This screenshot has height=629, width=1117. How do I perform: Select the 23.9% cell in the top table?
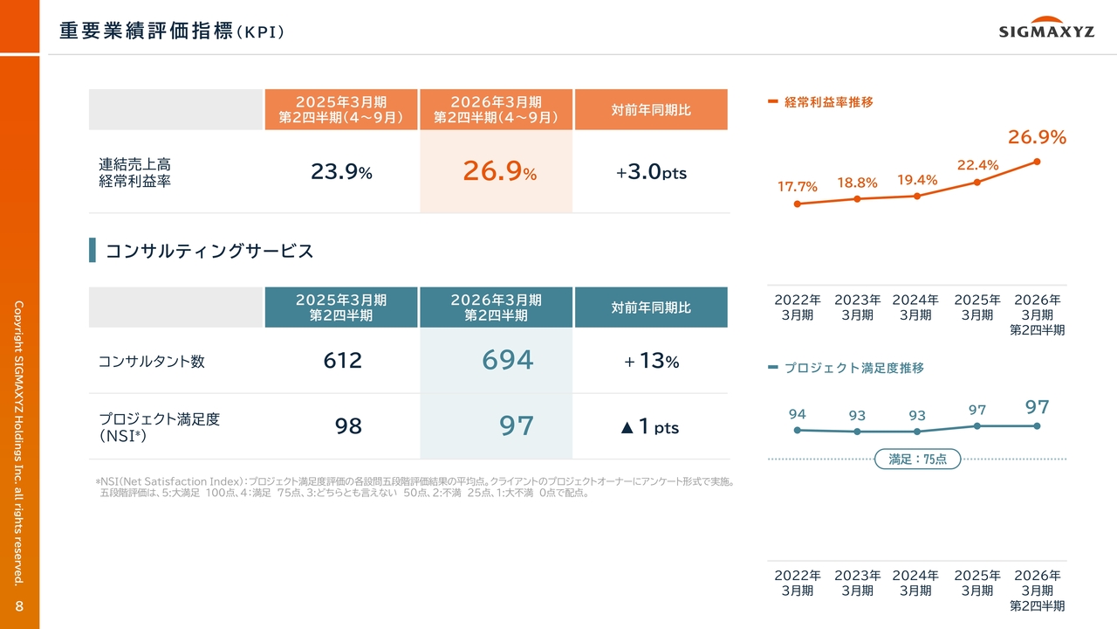(341, 172)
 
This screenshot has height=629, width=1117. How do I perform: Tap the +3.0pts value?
(651, 172)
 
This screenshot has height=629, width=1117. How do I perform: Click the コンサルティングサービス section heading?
(209, 252)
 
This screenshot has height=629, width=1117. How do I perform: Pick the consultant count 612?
(341, 360)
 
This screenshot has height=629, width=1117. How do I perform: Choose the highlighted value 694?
(507, 360)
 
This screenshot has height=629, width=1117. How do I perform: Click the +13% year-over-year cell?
(651, 360)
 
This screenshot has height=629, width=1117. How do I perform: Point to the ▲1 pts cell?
(649, 426)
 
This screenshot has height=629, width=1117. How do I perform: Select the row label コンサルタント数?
(152, 361)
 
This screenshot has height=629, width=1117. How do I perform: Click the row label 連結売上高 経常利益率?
(134, 172)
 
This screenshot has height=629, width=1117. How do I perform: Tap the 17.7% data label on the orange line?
(798, 187)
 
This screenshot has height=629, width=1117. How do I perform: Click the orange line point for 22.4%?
(977, 182)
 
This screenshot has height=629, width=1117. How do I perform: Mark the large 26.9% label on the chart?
(1037, 137)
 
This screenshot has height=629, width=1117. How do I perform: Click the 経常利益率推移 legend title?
(828, 102)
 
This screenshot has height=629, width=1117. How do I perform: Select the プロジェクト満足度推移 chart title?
(853, 369)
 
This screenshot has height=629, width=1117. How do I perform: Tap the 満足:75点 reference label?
(917, 459)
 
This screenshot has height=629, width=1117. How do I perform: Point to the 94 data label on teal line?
(797, 414)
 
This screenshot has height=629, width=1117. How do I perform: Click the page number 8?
(19, 606)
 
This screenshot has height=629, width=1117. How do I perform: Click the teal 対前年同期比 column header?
(651, 308)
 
